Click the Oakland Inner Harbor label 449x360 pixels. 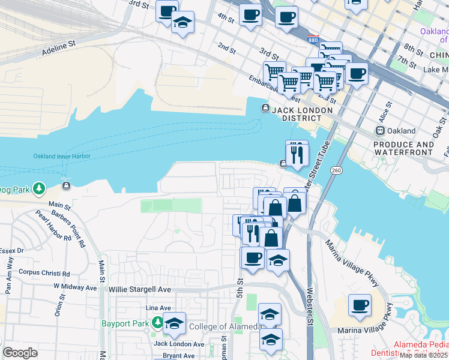pos(61,156)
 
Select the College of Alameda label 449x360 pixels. pos(225,326)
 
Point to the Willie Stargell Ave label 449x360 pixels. pos(140,289)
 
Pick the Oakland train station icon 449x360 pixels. pos(379,130)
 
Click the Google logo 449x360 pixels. pos(20,353)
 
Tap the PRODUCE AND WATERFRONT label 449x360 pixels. pos(403,148)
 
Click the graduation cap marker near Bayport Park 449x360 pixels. pos(174,323)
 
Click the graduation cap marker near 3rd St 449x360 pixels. pos(182,22)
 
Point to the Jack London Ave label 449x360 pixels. pos(179,344)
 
